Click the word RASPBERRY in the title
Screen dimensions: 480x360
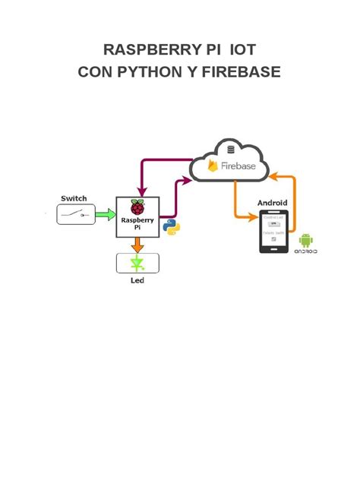[x=144, y=50]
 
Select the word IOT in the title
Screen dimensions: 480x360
[x=242, y=50]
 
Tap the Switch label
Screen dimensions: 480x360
[x=74, y=198]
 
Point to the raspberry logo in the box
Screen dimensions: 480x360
[x=137, y=207]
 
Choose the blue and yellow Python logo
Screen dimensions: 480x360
[x=172, y=227]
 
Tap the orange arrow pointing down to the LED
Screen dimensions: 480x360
[x=137, y=245]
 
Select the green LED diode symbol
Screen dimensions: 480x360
[x=137, y=264]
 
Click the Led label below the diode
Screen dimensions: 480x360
[x=137, y=280]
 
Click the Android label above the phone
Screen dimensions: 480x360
[x=272, y=203]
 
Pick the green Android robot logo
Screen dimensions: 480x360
[x=306, y=241]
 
